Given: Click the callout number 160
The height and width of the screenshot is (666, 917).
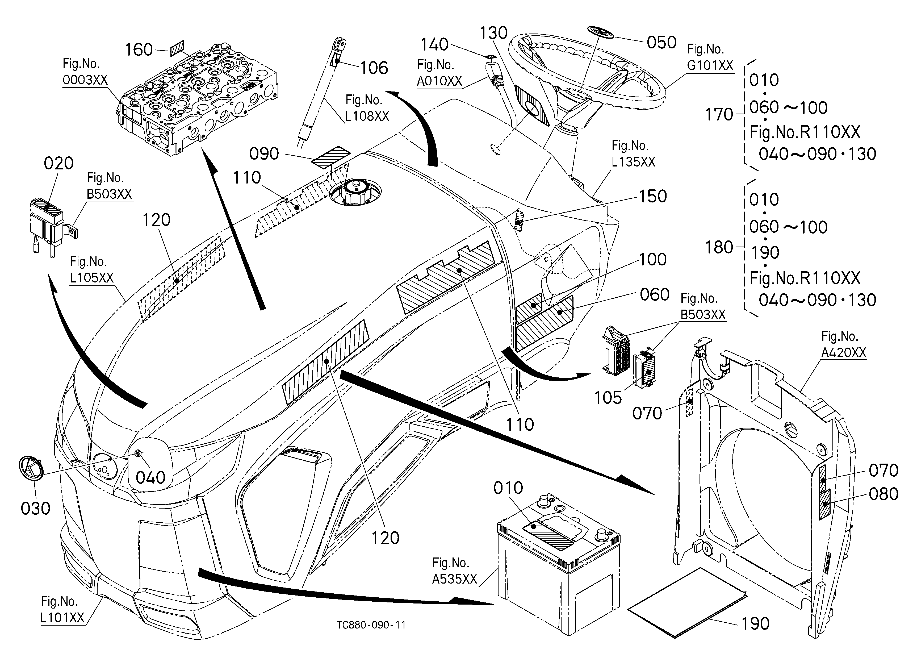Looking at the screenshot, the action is pyautogui.click(x=139, y=50).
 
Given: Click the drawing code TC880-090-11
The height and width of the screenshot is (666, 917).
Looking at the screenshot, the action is pyautogui.click(x=371, y=625).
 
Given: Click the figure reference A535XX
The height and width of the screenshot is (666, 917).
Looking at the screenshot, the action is pyautogui.click(x=454, y=579).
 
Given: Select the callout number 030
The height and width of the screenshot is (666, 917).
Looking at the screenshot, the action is pyautogui.click(x=36, y=508).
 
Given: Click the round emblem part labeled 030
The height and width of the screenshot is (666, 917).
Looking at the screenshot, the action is pyautogui.click(x=31, y=469).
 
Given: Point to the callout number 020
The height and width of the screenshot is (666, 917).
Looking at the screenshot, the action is pyautogui.click(x=59, y=163).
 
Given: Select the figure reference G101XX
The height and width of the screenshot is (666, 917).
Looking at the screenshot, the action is pyautogui.click(x=710, y=65).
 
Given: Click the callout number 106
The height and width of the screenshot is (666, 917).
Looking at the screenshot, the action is pyautogui.click(x=374, y=68).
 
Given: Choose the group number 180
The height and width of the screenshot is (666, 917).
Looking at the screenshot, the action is pyautogui.click(x=719, y=247).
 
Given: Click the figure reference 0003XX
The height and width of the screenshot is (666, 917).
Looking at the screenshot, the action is pyautogui.click(x=85, y=80).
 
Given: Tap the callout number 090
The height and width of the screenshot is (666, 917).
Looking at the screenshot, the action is pyautogui.click(x=264, y=154).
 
